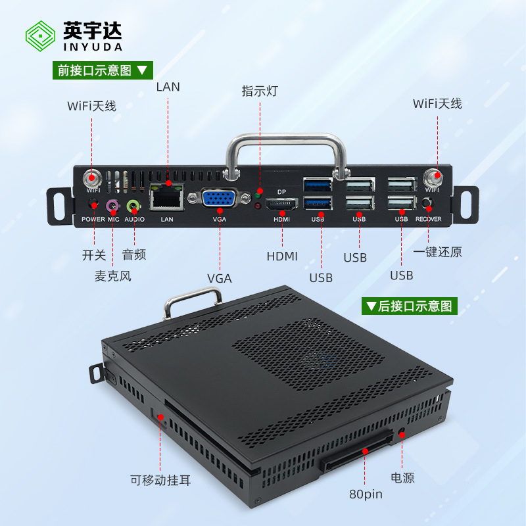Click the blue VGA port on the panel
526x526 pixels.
[219, 199]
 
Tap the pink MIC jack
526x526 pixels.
[113, 206]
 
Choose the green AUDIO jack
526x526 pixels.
[133, 206]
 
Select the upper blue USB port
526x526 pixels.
[318, 185]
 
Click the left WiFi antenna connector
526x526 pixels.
[91, 178]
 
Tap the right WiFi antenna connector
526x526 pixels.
[434, 178]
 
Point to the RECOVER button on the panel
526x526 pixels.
[428, 204]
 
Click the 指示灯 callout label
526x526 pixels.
[260, 91]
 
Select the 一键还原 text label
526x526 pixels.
[438, 252]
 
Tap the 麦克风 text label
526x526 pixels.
[113, 276]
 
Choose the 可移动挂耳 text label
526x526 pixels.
[160, 480]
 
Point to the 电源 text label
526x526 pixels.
[402, 478]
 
